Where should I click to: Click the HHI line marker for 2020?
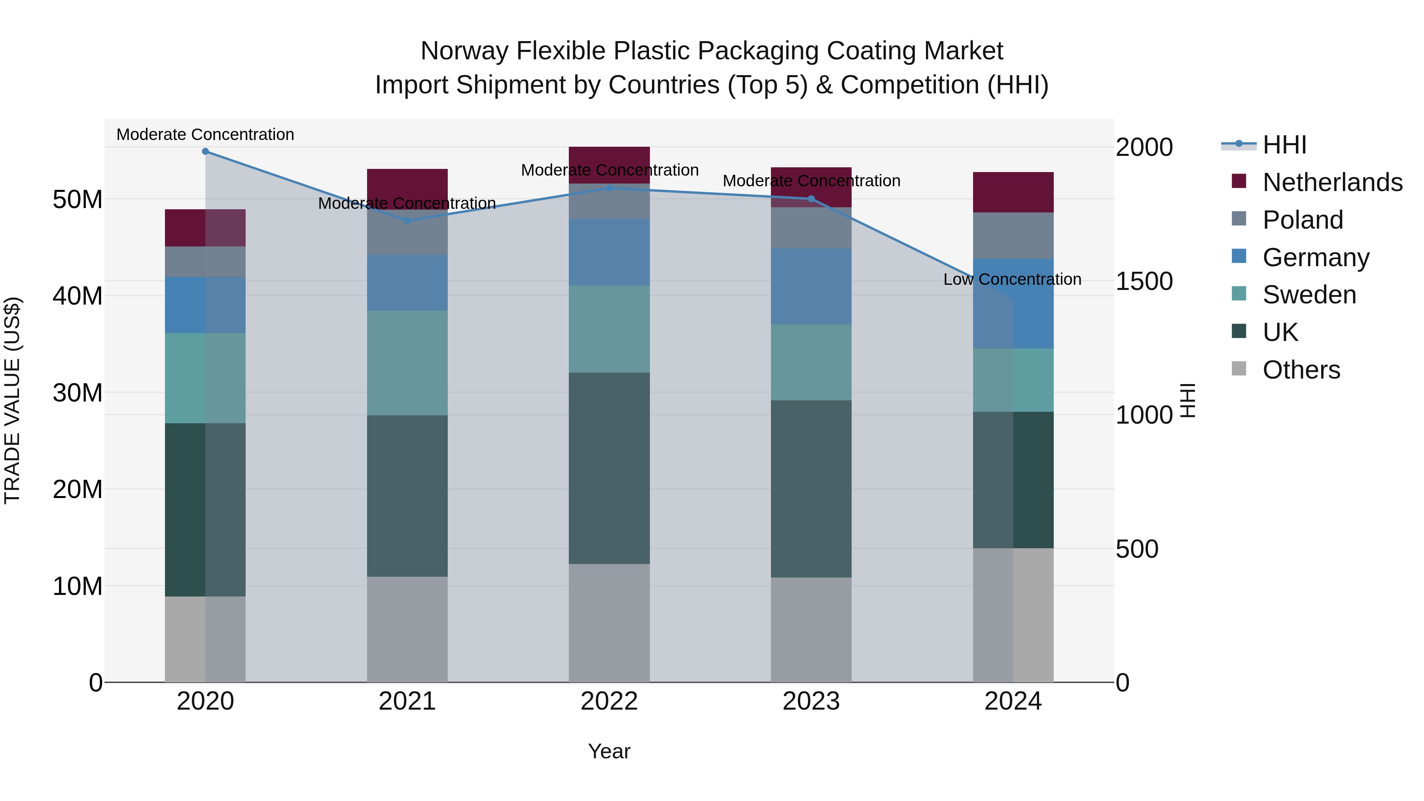(x=205, y=151)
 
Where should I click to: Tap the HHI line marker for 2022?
(x=609, y=188)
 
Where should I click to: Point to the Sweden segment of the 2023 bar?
(x=811, y=362)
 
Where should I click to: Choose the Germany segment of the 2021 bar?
(x=407, y=282)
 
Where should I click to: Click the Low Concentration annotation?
(x=1012, y=279)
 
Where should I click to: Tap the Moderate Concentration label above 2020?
(x=205, y=134)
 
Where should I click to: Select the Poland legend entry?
(x=1303, y=220)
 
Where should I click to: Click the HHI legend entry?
(x=1284, y=145)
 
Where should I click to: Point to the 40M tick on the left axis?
(x=78, y=296)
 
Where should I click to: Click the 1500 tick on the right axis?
(x=1144, y=281)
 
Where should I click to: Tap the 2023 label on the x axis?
(x=811, y=701)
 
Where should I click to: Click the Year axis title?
(x=609, y=751)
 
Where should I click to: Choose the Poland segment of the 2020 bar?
(x=205, y=261)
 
